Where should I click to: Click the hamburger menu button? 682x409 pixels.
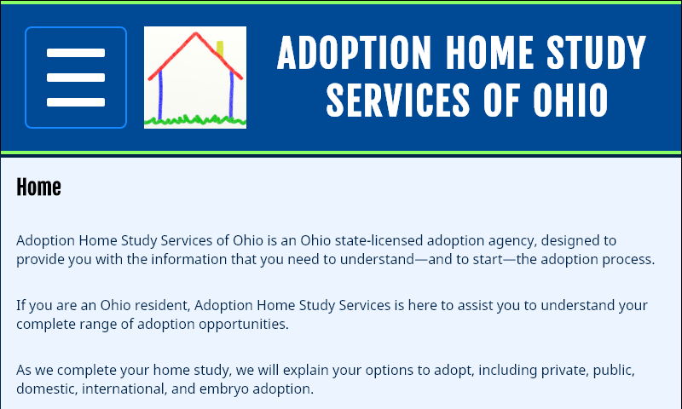(x=76, y=78)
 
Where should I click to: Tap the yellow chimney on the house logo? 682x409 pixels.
(x=219, y=49)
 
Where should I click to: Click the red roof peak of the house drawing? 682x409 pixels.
(x=196, y=36)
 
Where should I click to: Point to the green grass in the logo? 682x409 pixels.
(x=194, y=120)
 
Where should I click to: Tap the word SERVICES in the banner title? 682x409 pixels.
(x=396, y=100)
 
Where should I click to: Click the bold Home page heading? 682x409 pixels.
(x=38, y=187)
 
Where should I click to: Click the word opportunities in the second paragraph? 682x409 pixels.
(x=236, y=324)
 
